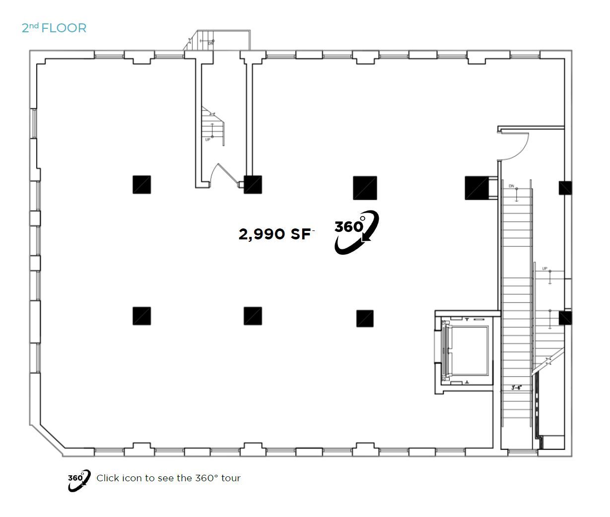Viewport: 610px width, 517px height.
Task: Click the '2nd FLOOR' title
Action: (x=54, y=28)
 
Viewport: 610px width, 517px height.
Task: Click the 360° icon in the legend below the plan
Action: (x=79, y=479)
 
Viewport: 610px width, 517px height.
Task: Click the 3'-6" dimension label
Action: (x=516, y=388)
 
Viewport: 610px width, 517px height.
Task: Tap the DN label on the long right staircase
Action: (x=511, y=186)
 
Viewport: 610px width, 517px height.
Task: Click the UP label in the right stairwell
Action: (x=544, y=269)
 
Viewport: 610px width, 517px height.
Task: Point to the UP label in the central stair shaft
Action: (x=208, y=140)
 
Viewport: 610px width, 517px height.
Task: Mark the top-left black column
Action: (x=141, y=184)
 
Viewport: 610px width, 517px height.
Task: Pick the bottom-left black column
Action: (x=141, y=316)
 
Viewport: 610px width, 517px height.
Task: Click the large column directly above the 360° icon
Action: (x=365, y=188)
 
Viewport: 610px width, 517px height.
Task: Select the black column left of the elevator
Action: (x=365, y=318)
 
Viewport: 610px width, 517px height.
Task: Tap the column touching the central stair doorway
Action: (x=253, y=184)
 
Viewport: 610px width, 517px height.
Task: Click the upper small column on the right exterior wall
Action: (x=565, y=188)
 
